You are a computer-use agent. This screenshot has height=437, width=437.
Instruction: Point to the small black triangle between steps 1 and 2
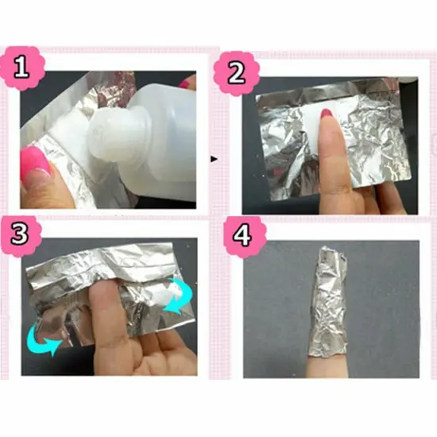pos(213,159)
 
